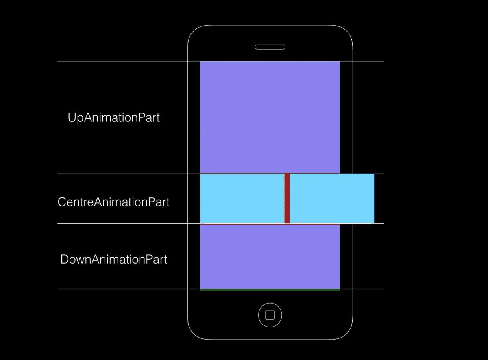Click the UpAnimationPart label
[114, 118]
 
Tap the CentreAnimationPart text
[114, 202]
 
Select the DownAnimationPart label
[114, 259]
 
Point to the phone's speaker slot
[270, 47]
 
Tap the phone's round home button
[270, 315]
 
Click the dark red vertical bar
[287, 198]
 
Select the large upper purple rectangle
[270, 117]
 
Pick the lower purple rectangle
[270, 256]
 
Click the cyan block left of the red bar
[242, 198]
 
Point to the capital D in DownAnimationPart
[64, 259]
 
